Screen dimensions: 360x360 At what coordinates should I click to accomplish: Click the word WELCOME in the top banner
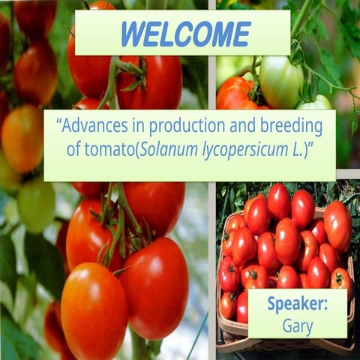(185, 34)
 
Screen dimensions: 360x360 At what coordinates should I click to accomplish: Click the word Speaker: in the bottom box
(297, 306)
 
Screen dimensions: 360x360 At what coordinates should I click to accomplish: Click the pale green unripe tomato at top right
(280, 81)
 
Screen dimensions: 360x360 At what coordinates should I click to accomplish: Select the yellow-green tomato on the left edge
(35, 203)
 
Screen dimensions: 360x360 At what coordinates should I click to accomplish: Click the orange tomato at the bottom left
(94, 310)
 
